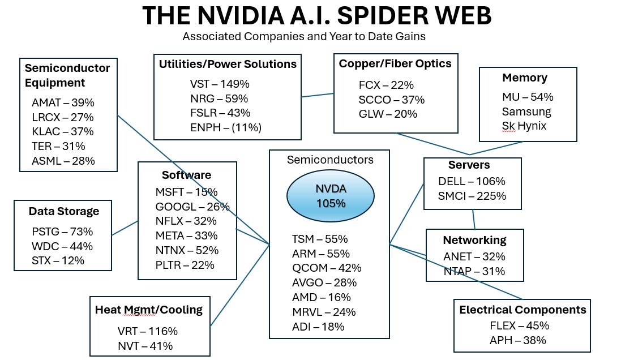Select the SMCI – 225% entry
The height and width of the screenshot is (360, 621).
472,196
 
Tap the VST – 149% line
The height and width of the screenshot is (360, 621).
220,84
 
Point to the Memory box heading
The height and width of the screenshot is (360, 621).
524,78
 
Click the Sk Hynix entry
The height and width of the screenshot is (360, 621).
524,126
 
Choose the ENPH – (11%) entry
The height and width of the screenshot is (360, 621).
225,127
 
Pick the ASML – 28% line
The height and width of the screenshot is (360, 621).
63,161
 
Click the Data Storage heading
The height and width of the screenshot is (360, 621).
64,211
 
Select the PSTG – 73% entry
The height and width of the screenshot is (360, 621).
62,232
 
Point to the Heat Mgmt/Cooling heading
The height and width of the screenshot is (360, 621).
148,310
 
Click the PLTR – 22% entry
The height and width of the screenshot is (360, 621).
185,265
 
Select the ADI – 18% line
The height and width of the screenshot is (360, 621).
318,327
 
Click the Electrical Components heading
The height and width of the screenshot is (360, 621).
522,310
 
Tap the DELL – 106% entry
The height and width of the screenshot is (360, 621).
472,182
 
